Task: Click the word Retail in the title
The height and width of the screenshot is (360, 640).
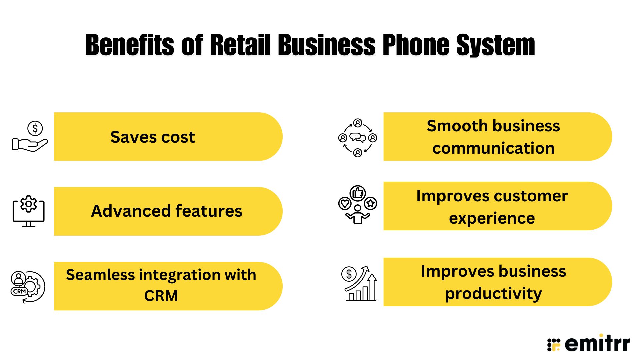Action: click(240, 45)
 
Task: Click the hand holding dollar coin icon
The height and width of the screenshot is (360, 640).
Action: click(30, 137)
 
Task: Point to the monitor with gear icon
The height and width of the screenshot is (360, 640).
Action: click(29, 211)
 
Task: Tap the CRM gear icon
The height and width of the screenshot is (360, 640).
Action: click(28, 287)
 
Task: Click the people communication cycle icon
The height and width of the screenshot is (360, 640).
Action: click(358, 138)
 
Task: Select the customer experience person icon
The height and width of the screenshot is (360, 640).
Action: click(358, 205)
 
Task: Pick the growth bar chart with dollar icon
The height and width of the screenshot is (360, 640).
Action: click(359, 283)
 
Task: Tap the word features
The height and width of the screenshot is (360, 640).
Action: click(209, 211)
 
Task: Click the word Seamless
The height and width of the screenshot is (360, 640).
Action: click(100, 275)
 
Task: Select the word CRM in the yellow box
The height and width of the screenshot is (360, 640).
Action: click(161, 296)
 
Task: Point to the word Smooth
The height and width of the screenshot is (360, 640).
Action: click(457, 126)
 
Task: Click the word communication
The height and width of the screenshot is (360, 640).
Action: click(493, 148)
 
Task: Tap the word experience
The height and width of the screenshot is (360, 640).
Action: click(492, 218)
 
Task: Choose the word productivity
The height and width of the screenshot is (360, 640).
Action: click(493, 294)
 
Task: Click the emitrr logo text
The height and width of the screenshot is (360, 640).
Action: click(597, 344)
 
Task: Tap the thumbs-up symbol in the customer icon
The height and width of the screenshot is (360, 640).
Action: click(358, 193)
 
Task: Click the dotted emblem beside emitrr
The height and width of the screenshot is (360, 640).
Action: click(554, 345)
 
